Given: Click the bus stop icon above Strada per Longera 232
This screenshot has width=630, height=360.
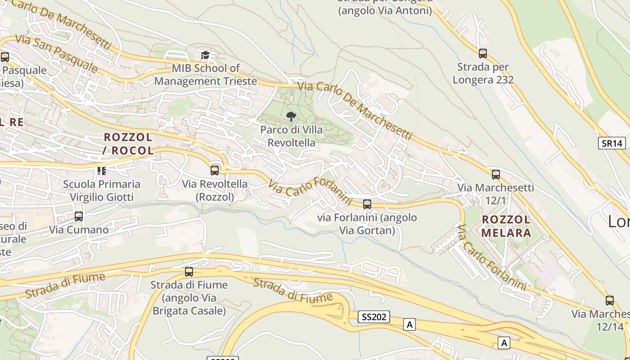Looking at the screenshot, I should point(483,54).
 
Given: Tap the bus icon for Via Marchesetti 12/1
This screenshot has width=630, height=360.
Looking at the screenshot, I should point(495,174).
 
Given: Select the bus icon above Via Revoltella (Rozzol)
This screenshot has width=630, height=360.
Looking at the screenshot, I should point(215,170).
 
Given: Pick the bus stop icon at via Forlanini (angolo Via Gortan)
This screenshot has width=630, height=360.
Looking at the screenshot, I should point(367,204).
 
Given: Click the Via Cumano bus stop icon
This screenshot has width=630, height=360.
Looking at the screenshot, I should point(79,216).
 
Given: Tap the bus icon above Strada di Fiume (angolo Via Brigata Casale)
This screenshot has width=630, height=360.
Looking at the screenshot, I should point(189,272).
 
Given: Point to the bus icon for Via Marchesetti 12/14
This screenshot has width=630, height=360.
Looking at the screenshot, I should point(609,300).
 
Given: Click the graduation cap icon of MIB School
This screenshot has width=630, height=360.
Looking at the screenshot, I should point(206,55).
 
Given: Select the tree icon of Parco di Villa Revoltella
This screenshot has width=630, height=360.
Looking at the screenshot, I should point(291,117).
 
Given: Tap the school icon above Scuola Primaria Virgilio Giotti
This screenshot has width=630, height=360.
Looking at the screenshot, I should point(102,171).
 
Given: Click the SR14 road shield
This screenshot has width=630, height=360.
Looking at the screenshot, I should point(612,143).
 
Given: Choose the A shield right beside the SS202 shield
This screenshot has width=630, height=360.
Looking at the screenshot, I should point(409,324).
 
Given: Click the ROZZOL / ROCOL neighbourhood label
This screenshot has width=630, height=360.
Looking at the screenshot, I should point(128,144).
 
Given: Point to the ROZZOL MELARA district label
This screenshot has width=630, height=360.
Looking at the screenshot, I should point(506,226).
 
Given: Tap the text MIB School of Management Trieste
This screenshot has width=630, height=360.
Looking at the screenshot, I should point(206,75).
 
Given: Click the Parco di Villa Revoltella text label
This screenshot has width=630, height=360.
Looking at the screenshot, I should point(291,136).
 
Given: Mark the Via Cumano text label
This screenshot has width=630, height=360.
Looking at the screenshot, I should point(79,229).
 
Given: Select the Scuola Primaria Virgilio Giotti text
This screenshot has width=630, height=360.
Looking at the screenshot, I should point(102,190).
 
